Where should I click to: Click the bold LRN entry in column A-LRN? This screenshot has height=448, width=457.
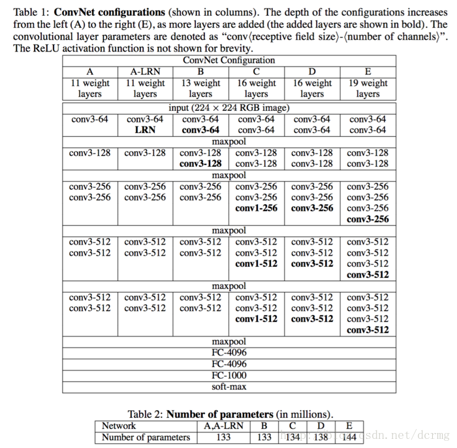[x=145, y=130]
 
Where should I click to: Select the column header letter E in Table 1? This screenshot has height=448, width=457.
[x=368, y=72]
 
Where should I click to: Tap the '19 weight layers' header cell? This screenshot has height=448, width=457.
[x=368, y=88]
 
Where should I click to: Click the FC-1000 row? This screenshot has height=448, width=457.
[x=229, y=375]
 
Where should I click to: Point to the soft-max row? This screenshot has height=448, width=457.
[x=229, y=386]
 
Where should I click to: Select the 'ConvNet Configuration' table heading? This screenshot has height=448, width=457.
[x=229, y=60]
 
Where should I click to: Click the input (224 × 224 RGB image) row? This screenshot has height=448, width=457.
[x=229, y=108]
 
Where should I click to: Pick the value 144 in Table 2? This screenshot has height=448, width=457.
[x=349, y=437]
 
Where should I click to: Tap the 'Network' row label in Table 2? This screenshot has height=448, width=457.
[x=119, y=426]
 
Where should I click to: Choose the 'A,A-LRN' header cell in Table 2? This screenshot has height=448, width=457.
[x=223, y=426]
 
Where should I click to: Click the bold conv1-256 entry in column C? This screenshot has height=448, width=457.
[x=257, y=208]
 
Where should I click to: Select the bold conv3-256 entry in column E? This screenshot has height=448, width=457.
[x=368, y=219]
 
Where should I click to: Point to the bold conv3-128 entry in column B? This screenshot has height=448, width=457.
[x=200, y=164]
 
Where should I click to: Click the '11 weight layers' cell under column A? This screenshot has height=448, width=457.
[x=90, y=88]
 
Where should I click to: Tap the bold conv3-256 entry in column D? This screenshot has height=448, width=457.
[x=312, y=208]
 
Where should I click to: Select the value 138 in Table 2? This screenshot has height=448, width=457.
[x=321, y=437]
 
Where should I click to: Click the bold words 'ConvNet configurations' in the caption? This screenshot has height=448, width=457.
[x=109, y=12]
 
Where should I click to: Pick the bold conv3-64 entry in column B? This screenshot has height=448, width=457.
[x=200, y=130]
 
